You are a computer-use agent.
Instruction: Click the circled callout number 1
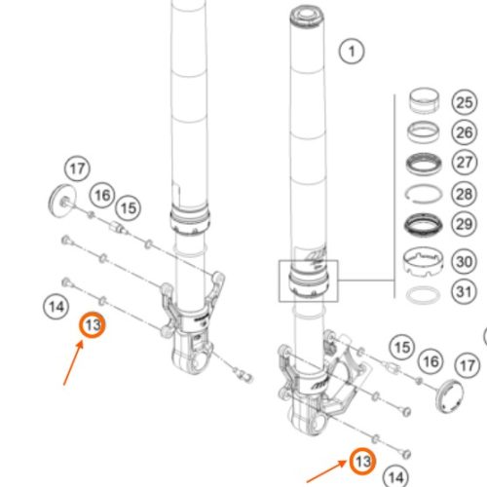pos(352,51)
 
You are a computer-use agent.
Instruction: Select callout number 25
pos(465,102)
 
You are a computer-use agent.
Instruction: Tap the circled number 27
pos(465,162)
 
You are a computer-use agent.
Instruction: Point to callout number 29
pos(465,224)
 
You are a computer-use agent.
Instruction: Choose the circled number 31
pos(465,291)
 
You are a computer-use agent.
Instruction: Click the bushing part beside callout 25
pos(424,100)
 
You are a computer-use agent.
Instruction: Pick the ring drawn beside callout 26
pos(424,131)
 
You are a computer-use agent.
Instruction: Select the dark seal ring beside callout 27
pos(424,164)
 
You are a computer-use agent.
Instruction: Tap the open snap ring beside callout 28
pos(424,195)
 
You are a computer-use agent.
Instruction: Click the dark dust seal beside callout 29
pos(424,225)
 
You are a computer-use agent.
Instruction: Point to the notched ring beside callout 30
pos(424,261)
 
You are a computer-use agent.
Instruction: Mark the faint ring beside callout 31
pos(423,294)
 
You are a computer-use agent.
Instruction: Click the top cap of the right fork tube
pos(307,17)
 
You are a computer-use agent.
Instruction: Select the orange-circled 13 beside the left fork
pos(93,324)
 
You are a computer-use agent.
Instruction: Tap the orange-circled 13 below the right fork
pos(362,461)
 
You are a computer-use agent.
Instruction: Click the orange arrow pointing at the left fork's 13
pos(73,363)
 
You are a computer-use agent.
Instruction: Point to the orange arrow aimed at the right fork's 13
pos(326,470)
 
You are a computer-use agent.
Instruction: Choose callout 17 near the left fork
pos(77,169)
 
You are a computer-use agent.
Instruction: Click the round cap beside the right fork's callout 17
pos(450,396)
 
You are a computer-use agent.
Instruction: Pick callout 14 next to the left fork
pos(56,307)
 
